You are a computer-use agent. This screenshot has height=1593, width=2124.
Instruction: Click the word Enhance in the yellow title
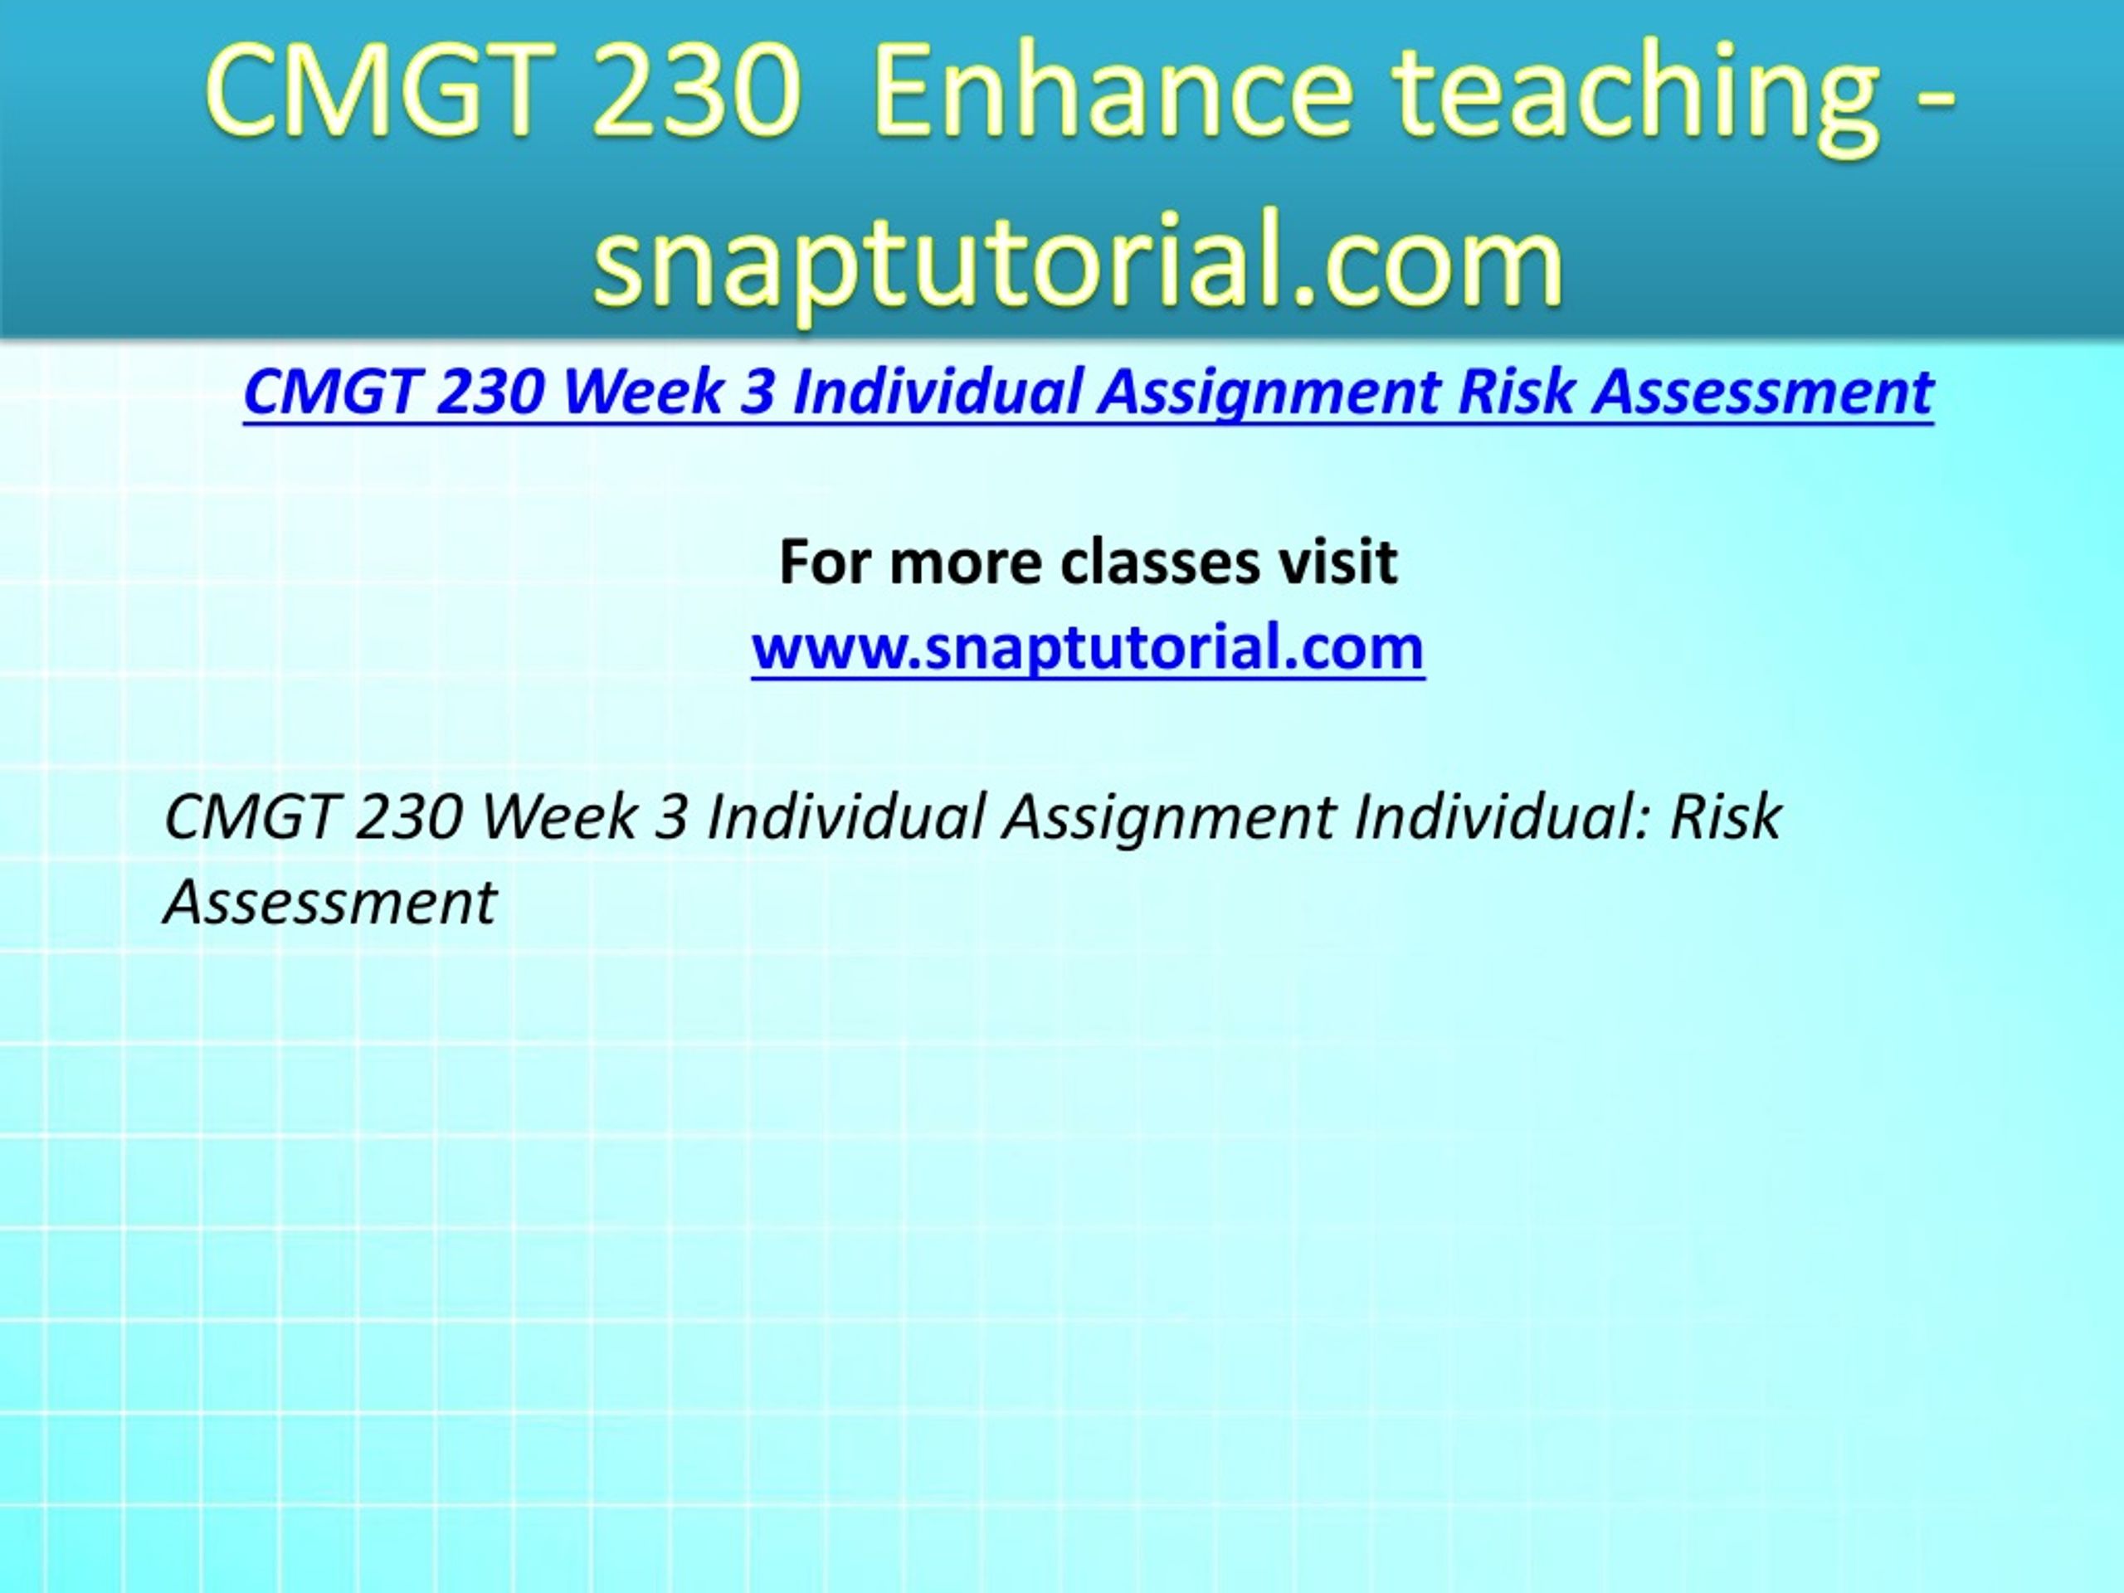[x=1113, y=92]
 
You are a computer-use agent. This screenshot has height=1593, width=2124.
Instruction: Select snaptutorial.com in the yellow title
[x=1079, y=259]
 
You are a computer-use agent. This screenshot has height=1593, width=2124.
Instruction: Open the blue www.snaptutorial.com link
[x=1088, y=648]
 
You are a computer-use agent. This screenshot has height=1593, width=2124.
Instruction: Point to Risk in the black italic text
[x=1727, y=817]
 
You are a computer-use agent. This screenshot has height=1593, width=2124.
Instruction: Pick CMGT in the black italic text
[x=251, y=817]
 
